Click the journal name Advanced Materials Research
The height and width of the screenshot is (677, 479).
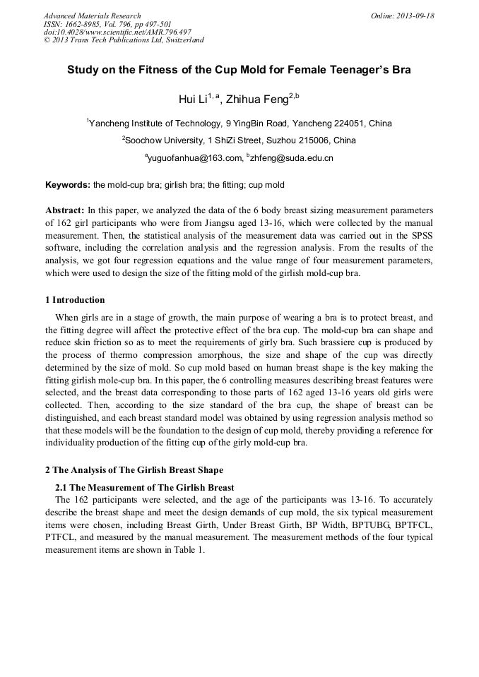point(92,16)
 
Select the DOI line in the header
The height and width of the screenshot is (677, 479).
point(117,32)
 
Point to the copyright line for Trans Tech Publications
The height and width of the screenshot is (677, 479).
point(124,40)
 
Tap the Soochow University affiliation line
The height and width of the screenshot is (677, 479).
point(239,140)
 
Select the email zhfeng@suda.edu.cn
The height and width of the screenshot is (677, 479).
point(291,158)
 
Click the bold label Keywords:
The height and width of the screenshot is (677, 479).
point(68,186)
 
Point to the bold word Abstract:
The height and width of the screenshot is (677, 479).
point(65,210)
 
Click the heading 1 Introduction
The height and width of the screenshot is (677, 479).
point(75,300)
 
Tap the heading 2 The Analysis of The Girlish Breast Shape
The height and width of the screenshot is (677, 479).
point(134,470)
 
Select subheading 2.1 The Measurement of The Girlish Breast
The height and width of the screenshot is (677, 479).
point(145,487)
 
